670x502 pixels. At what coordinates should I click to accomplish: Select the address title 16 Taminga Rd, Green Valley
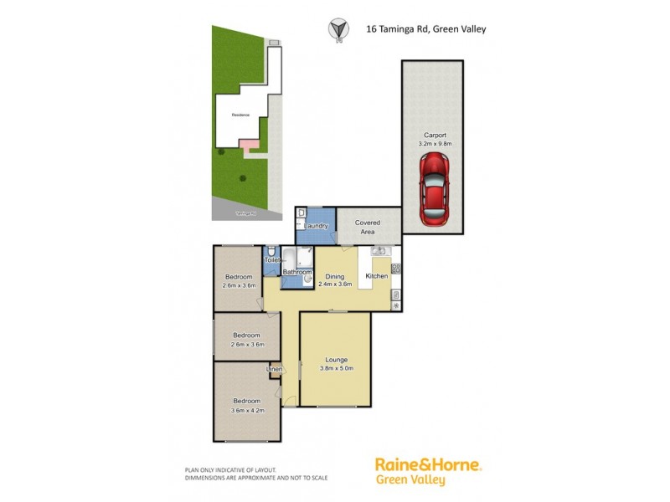click(x=426, y=28)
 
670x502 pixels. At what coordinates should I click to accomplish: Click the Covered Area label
click(x=368, y=227)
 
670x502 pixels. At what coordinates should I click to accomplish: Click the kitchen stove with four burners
click(x=396, y=269)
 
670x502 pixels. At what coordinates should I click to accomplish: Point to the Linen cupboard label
click(x=274, y=369)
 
